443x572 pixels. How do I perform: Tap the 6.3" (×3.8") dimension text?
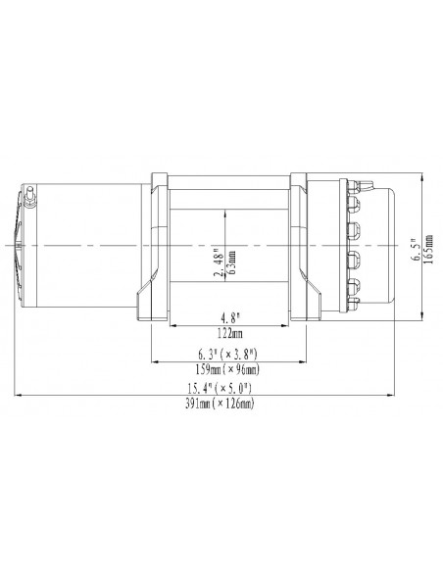click(226, 354)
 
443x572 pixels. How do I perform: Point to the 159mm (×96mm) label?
click(226, 369)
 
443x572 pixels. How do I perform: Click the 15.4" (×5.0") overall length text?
click(226, 390)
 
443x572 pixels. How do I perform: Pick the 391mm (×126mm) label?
click(226, 405)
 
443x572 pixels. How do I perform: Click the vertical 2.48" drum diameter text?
click(219, 262)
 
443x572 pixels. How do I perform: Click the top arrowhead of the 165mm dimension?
click(422, 178)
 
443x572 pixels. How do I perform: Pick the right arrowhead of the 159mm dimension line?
click(306, 361)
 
